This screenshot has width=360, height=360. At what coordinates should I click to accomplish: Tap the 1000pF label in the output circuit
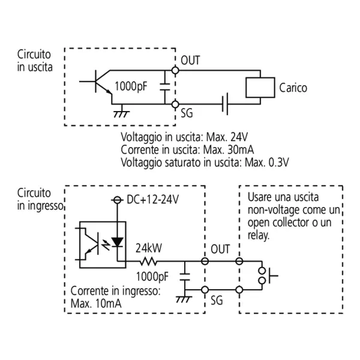(130, 86)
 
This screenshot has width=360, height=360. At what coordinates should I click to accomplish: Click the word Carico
(293, 88)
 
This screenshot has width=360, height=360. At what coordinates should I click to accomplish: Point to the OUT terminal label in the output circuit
(190, 61)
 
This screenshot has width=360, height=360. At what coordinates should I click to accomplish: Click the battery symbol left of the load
(226, 104)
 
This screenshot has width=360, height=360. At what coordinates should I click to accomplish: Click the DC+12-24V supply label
(154, 199)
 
